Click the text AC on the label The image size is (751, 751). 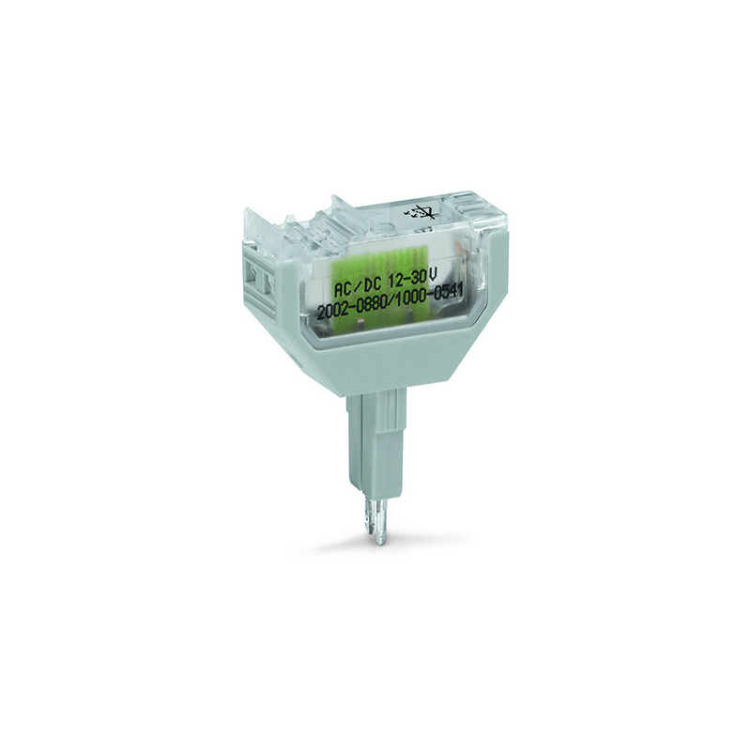point(343,289)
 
